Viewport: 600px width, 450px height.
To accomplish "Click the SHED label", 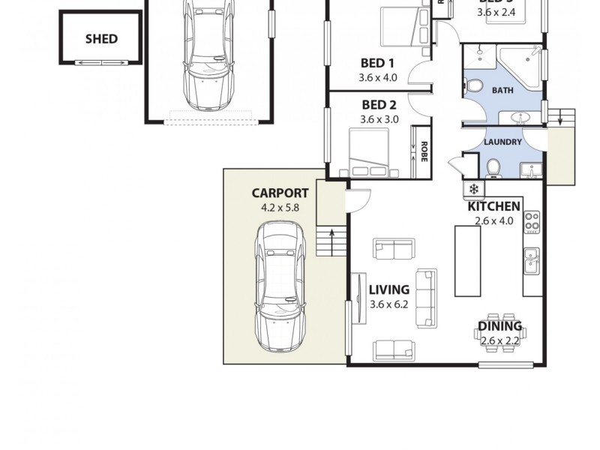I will tap(100, 38).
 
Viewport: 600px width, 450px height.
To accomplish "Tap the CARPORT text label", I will tap(280, 193).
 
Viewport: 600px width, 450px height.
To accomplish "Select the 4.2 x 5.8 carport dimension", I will tap(280, 208).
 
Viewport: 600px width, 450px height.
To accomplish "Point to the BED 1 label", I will tap(378, 63).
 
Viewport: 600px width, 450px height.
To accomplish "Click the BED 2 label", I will tap(379, 105).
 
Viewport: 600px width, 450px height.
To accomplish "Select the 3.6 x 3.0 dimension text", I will tap(379, 119).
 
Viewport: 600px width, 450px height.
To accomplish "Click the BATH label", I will tap(502, 90).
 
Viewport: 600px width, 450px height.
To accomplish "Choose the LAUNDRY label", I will tap(502, 142).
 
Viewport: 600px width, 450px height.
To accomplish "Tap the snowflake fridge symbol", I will tap(474, 189).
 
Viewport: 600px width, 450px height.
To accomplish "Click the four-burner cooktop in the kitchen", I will tap(532, 221).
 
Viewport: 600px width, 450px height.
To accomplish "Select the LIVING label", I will tap(388, 289).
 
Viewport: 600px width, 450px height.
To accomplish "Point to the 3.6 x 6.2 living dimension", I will tap(388, 304).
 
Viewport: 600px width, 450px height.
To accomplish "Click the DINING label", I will tap(499, 326).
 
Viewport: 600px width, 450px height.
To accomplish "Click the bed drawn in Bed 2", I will tap(370, 152).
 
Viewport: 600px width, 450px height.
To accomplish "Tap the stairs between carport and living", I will tap(331, 241).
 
